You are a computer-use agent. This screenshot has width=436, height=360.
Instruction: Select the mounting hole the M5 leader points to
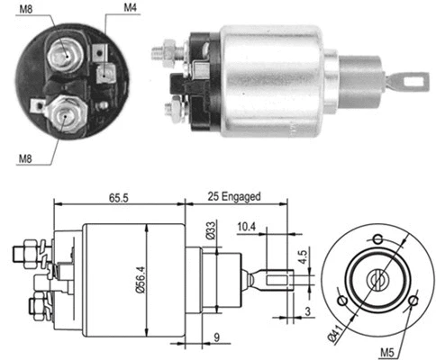413,301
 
